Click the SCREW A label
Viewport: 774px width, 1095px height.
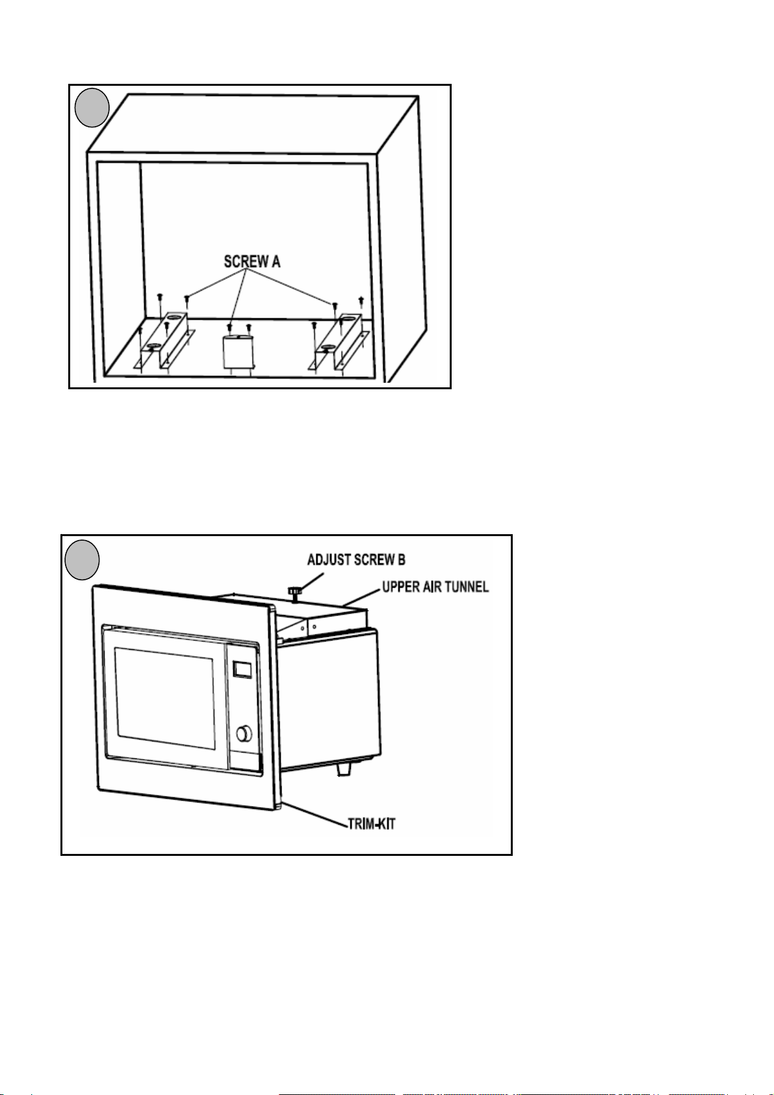click(252, 261)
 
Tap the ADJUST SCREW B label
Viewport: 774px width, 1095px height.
click(356, 560)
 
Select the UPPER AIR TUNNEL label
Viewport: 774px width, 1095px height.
click(435, 587)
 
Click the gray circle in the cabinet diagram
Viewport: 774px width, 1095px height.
click(91, 107)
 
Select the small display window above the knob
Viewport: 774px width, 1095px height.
click(242, 669)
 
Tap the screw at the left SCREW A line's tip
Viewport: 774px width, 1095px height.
click(187, 299)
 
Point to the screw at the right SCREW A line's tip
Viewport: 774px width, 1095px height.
click(335, 305)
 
